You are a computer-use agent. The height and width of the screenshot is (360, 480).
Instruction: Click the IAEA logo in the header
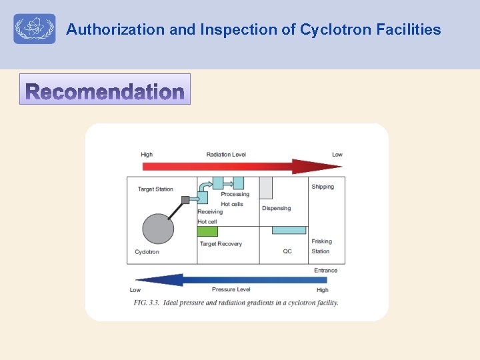coord(34,29)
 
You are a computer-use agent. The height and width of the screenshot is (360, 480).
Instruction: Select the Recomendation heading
coord(105,91)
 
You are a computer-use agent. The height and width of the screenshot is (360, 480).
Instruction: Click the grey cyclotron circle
coord(158,229)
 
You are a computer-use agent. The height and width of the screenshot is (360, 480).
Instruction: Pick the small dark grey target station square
coord(185,199)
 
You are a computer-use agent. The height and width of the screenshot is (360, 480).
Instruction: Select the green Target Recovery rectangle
coord(207,231)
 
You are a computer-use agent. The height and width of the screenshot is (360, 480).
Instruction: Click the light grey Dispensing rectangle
coord(266,187)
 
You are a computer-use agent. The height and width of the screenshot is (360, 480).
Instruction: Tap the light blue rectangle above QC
coord(289,230)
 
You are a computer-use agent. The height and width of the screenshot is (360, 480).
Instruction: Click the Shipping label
coord(323,187)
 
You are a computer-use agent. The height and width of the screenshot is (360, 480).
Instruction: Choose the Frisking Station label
coord(321,247)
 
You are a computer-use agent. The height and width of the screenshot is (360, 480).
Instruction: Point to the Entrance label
coord(325,270)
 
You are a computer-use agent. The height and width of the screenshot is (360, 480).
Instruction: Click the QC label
coord(287,251)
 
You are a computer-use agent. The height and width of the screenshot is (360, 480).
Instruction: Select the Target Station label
coord(155,189)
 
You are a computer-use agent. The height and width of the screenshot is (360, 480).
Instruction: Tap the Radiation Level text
coord(226,155)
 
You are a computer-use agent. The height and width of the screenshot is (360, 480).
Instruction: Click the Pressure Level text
coord(231,290)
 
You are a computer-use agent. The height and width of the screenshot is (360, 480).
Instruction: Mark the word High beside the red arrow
coord(147,155)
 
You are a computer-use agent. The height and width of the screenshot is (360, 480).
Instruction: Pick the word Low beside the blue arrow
coord(135,290)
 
